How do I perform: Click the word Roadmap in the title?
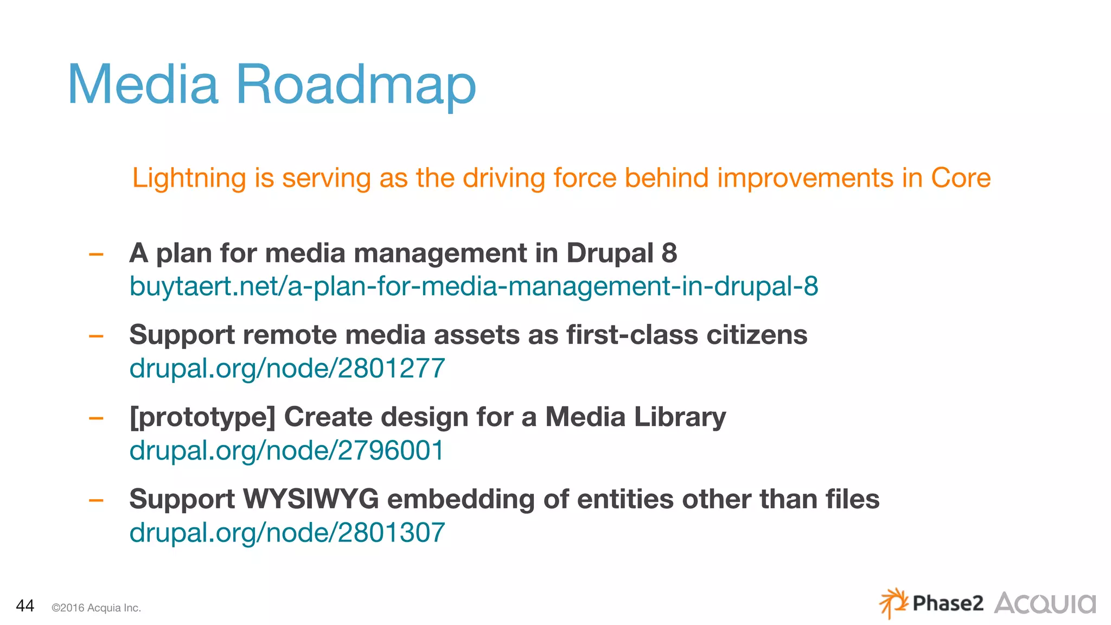355,86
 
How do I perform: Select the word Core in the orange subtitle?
961,178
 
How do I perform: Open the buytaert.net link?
473,286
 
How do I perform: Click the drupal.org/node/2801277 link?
287,368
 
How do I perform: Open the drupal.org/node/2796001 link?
286,450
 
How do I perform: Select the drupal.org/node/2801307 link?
287,532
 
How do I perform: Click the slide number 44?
25,605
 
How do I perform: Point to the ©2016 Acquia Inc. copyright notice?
96,608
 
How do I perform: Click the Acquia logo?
1044,603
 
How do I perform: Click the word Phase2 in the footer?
948,603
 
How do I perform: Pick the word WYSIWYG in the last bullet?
310,499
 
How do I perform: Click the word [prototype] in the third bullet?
202,418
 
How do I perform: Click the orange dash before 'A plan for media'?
96,254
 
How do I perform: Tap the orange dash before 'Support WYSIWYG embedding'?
96,500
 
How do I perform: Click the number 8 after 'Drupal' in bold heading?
669,253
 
